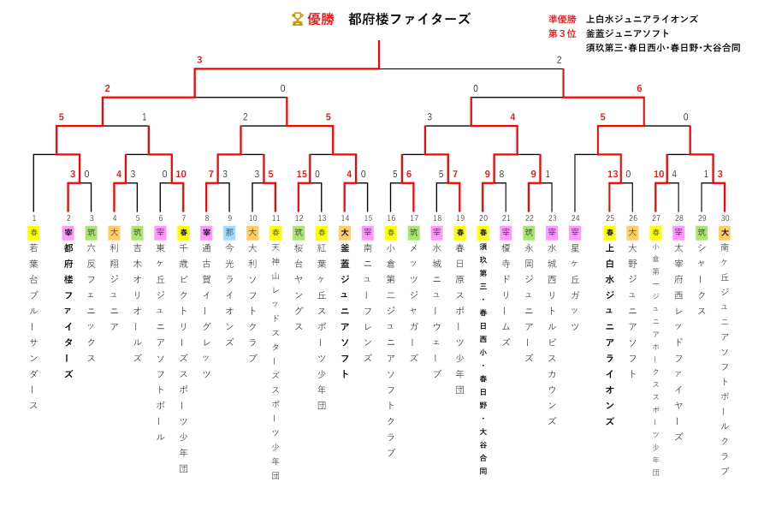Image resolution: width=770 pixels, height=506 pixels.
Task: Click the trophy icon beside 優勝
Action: (298, 19)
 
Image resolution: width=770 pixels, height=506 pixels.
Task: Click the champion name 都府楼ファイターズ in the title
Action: (409, 19)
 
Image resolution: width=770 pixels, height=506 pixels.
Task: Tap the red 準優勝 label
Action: (562, 19)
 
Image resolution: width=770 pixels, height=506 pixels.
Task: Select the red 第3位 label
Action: (562, 33)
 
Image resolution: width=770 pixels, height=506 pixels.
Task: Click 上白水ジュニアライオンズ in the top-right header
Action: (642, 19)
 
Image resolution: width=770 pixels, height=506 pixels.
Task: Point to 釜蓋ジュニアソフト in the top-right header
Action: (628, 33)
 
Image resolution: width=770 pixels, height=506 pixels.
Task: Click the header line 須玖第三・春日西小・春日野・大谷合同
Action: (663, 48)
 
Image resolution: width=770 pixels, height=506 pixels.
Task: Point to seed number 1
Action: (34, 218)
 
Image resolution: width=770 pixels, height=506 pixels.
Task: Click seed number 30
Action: (725, 218)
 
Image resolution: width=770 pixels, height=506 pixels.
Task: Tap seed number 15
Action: (368, 218)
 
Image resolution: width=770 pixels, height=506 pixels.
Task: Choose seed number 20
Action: (483, 218)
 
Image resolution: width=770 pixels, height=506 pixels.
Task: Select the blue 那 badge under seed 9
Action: (229, 233)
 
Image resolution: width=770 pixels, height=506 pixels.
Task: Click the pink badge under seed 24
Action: (575, 233)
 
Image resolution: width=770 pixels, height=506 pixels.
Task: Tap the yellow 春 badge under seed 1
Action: (34, 233)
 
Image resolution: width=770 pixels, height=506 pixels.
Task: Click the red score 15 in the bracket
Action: (302, 175)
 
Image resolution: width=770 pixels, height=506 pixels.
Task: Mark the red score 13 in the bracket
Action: (613, 175)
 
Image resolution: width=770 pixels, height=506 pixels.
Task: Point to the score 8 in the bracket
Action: (501, 175)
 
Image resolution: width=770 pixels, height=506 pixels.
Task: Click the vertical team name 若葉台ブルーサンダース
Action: (34, 325)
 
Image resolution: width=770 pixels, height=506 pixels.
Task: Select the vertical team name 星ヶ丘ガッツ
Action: (575, 287)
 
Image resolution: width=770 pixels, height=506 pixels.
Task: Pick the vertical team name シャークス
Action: (702, 279)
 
